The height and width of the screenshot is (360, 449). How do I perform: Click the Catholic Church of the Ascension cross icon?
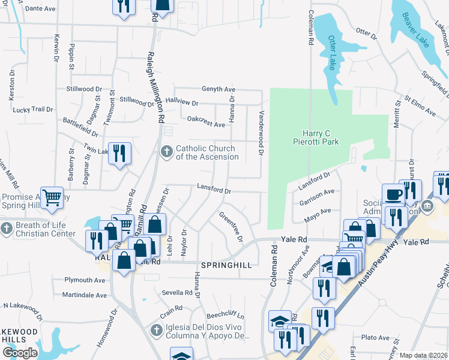point(167,149)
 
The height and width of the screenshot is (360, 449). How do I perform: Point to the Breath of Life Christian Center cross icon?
point(7,229)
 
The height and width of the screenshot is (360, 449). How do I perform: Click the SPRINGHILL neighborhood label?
point(226,265)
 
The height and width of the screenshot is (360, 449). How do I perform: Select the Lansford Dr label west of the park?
point(214,190)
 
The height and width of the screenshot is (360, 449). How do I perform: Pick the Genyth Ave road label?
point(218,89)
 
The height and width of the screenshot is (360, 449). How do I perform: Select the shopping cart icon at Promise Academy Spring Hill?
point(52,197)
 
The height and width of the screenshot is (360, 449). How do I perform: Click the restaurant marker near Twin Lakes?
point(119,152)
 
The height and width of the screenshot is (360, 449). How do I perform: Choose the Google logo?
point(20,353)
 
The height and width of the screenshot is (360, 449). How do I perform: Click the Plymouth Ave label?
point(85,280)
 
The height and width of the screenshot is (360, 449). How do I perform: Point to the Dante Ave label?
point(41,8)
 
